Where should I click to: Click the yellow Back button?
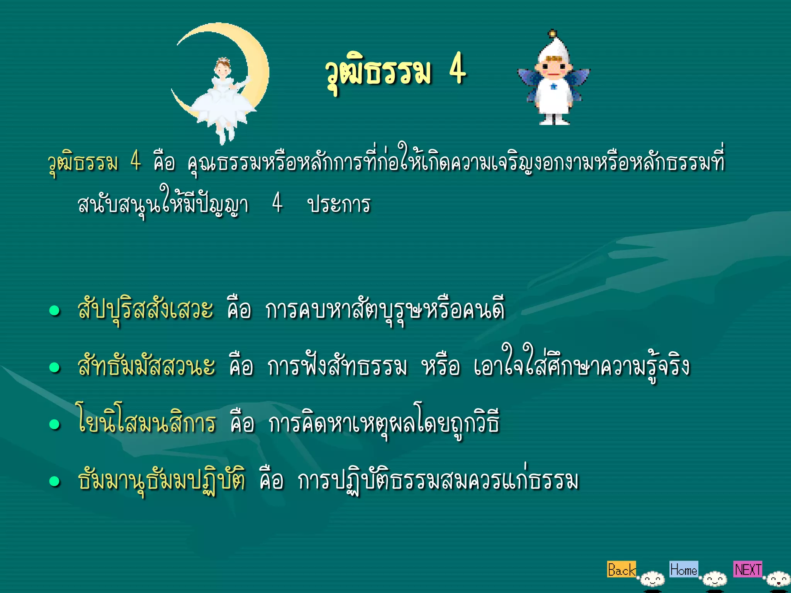click(621, 569)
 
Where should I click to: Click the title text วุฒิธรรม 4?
click(396, 71)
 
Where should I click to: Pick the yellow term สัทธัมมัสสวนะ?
click(146, 366)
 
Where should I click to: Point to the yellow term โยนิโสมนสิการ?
click(146, 422)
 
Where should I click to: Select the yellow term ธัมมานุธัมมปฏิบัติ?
click(162, 480)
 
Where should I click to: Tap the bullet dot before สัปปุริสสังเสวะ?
click(55, 311)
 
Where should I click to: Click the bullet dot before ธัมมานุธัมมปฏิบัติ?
click(55, 481)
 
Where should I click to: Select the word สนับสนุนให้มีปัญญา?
click(162, 204)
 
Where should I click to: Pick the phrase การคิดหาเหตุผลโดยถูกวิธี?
click(384, 422)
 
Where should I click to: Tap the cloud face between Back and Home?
click(652, 579)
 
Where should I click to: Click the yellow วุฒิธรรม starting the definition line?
click(83, 162)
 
